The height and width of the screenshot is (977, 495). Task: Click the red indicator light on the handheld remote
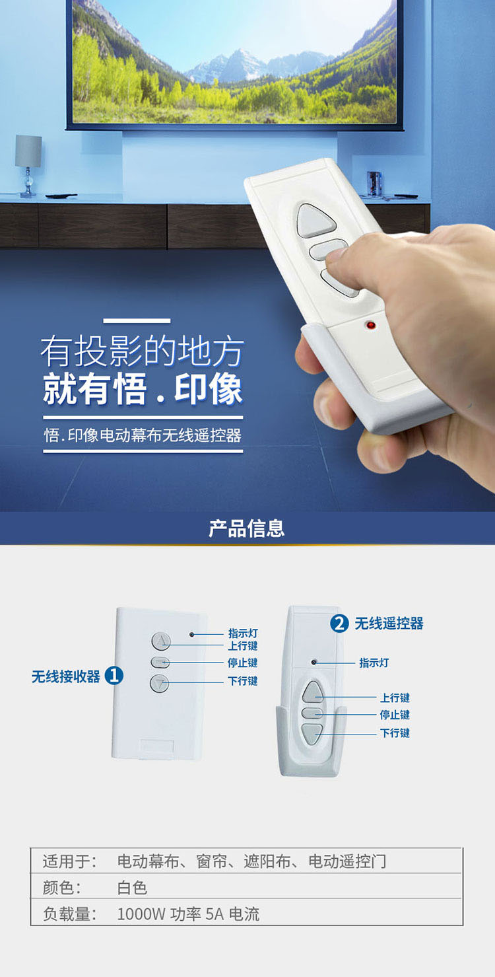pos(371,326)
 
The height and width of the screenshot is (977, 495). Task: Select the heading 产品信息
pos(247,528)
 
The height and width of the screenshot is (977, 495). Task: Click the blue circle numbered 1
pos(114,676)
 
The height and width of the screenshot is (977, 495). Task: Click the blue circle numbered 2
pos(339,624)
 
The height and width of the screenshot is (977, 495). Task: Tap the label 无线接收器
pos(66,676)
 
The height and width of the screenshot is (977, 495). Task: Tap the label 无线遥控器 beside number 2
pos(389,624)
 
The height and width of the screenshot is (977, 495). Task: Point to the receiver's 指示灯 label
pos(243,633)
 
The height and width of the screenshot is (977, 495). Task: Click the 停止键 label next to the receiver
pos(243,663)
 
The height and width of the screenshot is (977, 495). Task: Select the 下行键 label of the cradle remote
pos(395,733)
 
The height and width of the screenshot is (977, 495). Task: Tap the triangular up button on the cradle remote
pos(313,692)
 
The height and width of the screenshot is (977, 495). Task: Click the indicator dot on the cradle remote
pos(313,662)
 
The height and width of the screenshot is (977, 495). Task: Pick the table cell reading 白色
pos(132,888)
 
